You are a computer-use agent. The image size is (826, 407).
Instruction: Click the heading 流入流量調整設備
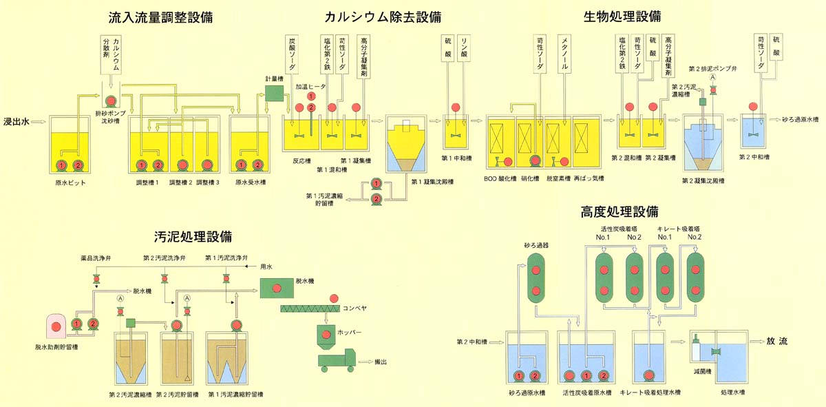(160, 17)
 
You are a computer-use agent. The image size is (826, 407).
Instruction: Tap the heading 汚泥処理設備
(193, 236)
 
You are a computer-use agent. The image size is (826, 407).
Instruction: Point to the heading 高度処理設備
(619, 211)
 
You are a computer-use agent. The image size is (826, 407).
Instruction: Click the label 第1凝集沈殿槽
(432, 183)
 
